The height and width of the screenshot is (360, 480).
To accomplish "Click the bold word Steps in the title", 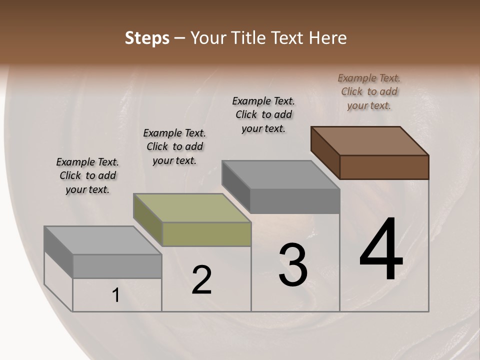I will [x=147, y=38].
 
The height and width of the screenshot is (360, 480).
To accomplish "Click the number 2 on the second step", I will [x=201, y=280].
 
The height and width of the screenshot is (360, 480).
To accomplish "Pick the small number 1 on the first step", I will [x=116, y=295].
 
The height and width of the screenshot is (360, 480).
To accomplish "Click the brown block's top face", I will [x=370, y=140].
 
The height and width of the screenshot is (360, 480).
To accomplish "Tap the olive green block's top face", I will [x=192, y=207].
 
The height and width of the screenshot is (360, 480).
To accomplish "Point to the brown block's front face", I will [x=384, y=167].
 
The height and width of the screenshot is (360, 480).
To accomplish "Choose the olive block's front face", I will [x=206, y=234].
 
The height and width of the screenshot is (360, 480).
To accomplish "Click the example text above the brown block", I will [x=369, y=91].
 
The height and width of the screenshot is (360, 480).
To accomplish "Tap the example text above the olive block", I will [x=174, y=146].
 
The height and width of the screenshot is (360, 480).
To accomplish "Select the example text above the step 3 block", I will [x=263, y=114].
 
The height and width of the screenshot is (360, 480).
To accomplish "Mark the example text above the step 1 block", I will [x=87, y=175].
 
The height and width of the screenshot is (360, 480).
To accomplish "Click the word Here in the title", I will [x=328, y=38].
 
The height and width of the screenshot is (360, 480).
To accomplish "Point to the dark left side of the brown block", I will [x=325, y=152].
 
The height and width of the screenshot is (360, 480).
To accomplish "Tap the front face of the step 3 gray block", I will [x=295, y=201].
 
